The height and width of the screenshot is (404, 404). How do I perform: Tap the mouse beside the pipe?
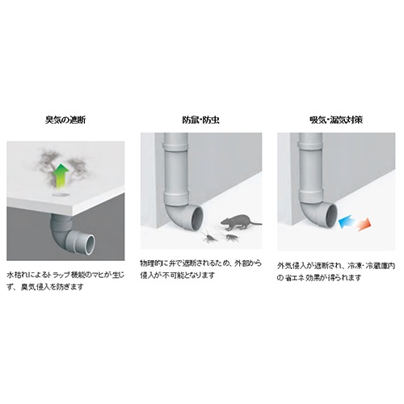click(237, 221)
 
